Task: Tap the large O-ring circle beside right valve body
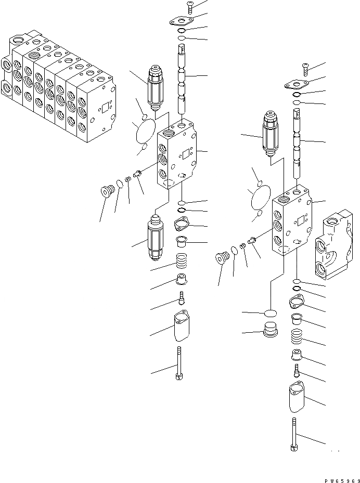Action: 260,198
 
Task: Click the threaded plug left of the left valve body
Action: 107,191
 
